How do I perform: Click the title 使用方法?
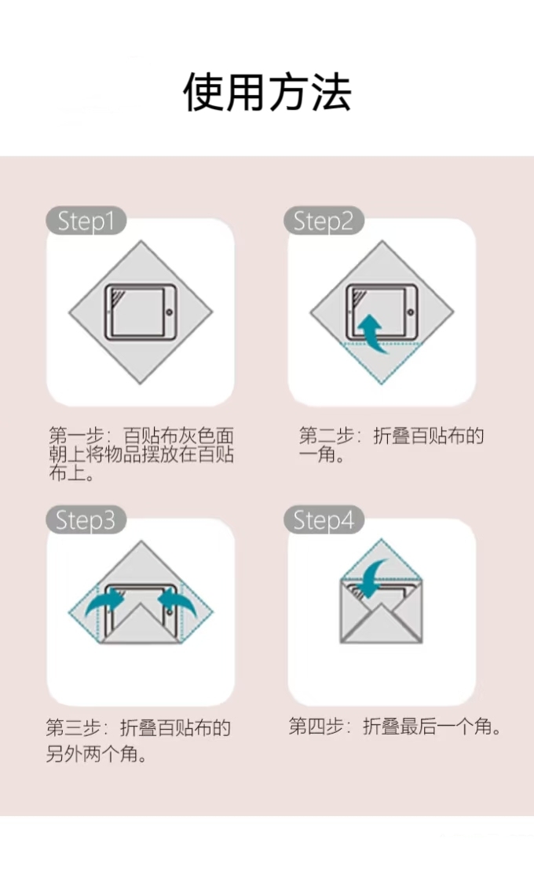pos(267,93)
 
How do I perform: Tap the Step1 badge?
pos(86,220)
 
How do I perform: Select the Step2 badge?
pos(324,220)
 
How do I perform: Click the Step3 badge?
pos(86,520)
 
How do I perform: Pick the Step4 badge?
pos(324,520)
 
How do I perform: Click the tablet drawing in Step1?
pos(141,313)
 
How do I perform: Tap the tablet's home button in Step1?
pos(169,313)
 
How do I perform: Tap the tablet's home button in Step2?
pos(410,313)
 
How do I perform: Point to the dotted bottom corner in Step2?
pos(382,383)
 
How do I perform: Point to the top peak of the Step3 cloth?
pos(141,541)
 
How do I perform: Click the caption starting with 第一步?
pos(141,454)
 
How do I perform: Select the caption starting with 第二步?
pos(391,445)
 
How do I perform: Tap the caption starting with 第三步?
pos(137,741)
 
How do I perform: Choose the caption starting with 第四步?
pos(394,726)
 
